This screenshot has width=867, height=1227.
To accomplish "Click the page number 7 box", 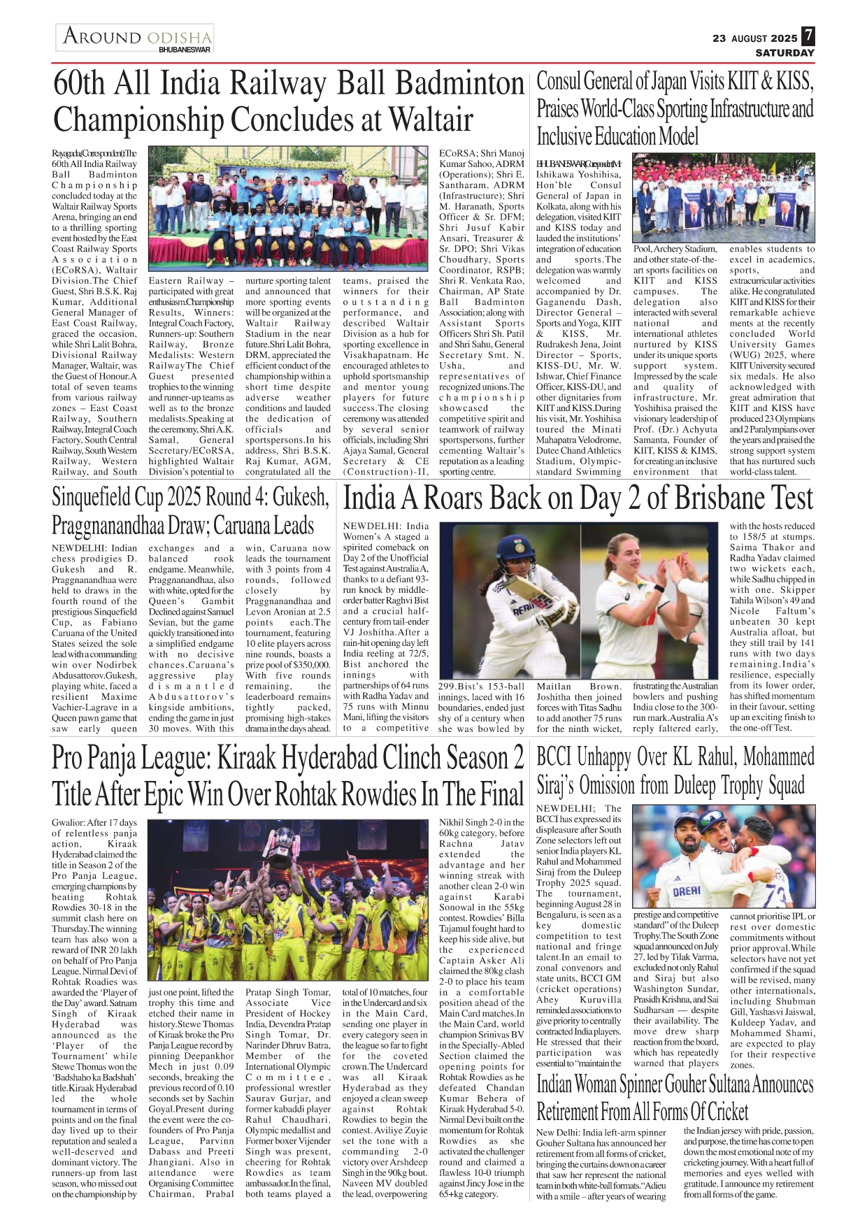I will click(808, 36).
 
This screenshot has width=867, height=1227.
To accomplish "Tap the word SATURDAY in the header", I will click(784, 52).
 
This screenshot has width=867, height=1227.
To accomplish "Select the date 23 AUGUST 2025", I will click(754, 38).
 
